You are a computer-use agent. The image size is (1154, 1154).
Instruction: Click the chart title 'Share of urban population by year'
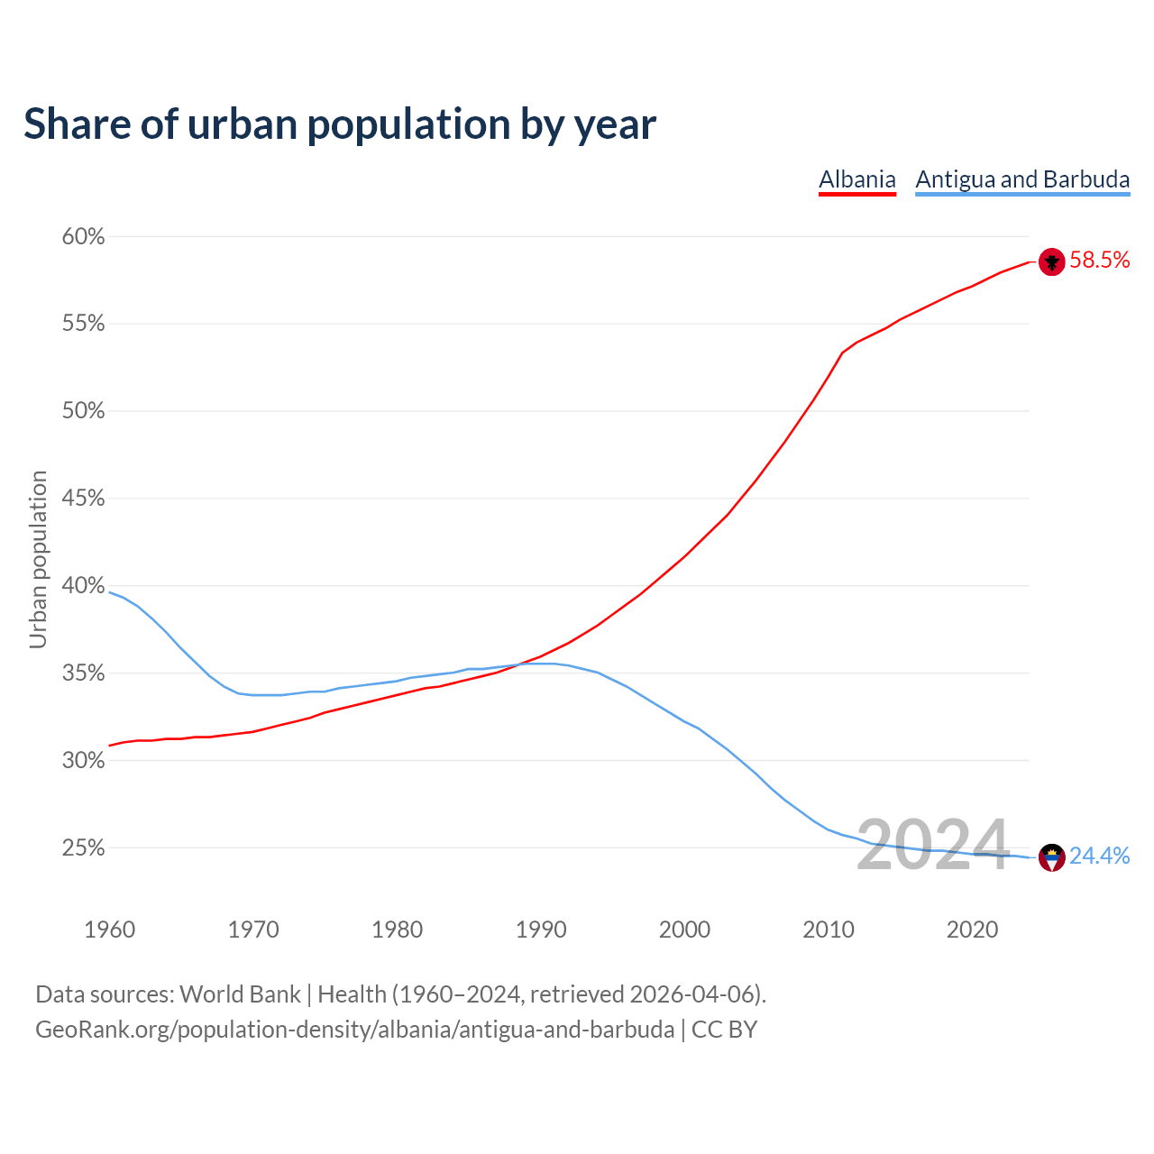coord(340,124)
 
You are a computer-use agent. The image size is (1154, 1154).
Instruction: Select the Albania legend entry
coord(856,179)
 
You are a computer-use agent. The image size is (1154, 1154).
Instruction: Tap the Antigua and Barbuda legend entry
coord(1022,179)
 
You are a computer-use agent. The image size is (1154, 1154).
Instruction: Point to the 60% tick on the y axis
coord(83,237)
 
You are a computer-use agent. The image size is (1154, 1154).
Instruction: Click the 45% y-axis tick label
coord(83,499)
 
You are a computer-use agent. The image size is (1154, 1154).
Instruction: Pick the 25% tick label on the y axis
coord(83,848)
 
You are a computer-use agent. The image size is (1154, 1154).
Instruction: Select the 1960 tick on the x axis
coord(109,930)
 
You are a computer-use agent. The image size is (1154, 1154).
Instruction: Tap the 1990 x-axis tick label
coord(541,930)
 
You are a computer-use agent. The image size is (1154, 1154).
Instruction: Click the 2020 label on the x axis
coord(972,930)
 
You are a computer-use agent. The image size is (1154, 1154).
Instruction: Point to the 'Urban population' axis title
coord(38,559)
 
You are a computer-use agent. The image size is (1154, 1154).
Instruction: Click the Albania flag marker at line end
coord(1051,261)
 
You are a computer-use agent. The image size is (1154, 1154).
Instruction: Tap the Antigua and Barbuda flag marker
coord(1051,857)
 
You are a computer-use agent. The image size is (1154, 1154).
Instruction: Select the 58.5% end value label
coord(1099,261)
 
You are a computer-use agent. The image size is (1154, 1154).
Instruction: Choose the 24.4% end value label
coord(1099,856)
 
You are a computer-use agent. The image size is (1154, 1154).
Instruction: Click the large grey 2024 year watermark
coord(932,845)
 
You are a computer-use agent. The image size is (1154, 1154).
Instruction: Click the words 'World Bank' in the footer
coord(240,994)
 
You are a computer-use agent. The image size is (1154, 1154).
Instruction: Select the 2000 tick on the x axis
coord(684,930)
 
